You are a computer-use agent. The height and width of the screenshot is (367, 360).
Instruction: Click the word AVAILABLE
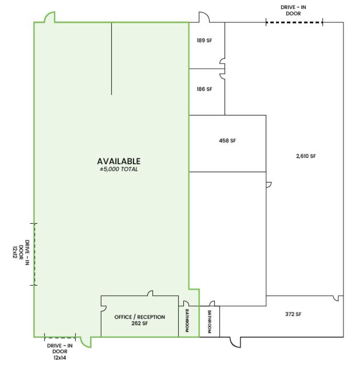(119, 161)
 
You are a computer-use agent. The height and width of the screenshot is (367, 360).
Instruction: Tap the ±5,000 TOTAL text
(119, 169)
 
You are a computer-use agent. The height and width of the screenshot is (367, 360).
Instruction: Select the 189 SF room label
(204, 40)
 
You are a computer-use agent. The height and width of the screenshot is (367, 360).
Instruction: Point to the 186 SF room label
(204, 89)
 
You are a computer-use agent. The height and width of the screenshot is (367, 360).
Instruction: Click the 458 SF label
(227, 141)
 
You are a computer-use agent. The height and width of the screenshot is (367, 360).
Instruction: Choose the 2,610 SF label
(306, 156)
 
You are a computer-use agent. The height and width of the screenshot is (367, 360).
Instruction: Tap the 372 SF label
(293, 314)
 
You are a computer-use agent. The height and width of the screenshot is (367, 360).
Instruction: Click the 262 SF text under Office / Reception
(140, 323)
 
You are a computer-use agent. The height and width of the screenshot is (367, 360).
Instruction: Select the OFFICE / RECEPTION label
(140, 317)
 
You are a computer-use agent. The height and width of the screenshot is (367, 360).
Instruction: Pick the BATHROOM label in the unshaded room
(209, 322)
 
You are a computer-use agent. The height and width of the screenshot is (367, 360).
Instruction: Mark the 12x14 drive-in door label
(60, 358)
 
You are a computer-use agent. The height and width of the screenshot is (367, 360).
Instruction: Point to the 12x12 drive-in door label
(15, 252)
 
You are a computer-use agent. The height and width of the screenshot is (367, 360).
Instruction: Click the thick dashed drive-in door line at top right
(294, 22)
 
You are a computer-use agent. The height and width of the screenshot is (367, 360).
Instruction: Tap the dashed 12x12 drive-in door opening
(34, 255)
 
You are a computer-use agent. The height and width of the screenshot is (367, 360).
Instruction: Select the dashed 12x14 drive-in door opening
(60, 337)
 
